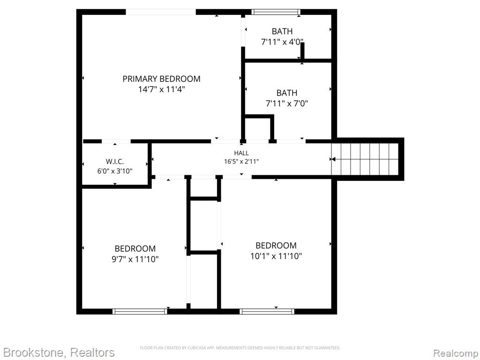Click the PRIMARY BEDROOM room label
pyautogui.click(x=161, y=79)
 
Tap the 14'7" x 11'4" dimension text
pyautogui.click(x=161, y=90)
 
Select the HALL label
pyautogui.click(x=241, y=153)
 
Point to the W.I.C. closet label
pyautogui.click(x=115, y=162)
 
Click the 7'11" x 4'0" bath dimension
pyautogui.click(x=282, y=42)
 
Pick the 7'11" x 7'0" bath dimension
pyautogui.click(x=286, y=104)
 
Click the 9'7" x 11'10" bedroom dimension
pyautogui.click(x=135, y=259)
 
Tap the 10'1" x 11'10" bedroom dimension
pyautogui.click(x=276, y=256)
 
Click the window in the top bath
pyautogui.click(x=276, y=12)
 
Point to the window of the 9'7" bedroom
pyautogui.click(x=140, y=311)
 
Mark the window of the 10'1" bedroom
pyautogui.click(x=267, y=311)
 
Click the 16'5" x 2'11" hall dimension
pyautogui.click(x=241, y=161)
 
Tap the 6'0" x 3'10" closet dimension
pyautogui.click(x=115, y=171)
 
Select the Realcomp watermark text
pyautogui.click(x=456, y=353)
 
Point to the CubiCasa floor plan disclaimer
pyautogui.click(x=240, y=348)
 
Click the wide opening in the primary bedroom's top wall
pyautogui.click(x=161, y=12)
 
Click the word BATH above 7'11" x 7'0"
pyautogui.click(x=286, y=93)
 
